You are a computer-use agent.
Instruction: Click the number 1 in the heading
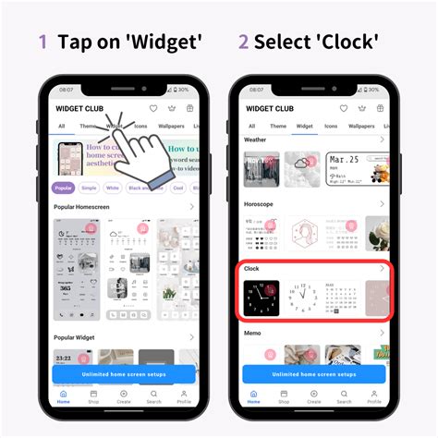(43, 42)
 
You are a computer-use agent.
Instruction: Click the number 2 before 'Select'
(243, 42)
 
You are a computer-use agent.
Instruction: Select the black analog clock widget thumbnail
(260, 298)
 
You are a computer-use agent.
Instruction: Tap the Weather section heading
(255, 140)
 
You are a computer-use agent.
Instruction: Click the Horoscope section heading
(259, 203)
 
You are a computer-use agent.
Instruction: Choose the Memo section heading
(252, 333)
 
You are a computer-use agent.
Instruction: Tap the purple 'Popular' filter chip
(64, 187)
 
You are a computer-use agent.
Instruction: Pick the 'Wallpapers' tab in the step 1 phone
(171, 126)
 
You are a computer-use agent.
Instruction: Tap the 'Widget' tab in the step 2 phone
(304, 126)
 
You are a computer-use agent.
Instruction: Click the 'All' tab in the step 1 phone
(61, 126)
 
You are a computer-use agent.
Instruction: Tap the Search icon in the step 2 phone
(344, 395)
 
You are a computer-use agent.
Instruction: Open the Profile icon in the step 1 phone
(184, 395)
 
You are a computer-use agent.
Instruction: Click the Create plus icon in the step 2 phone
(313, 395)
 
